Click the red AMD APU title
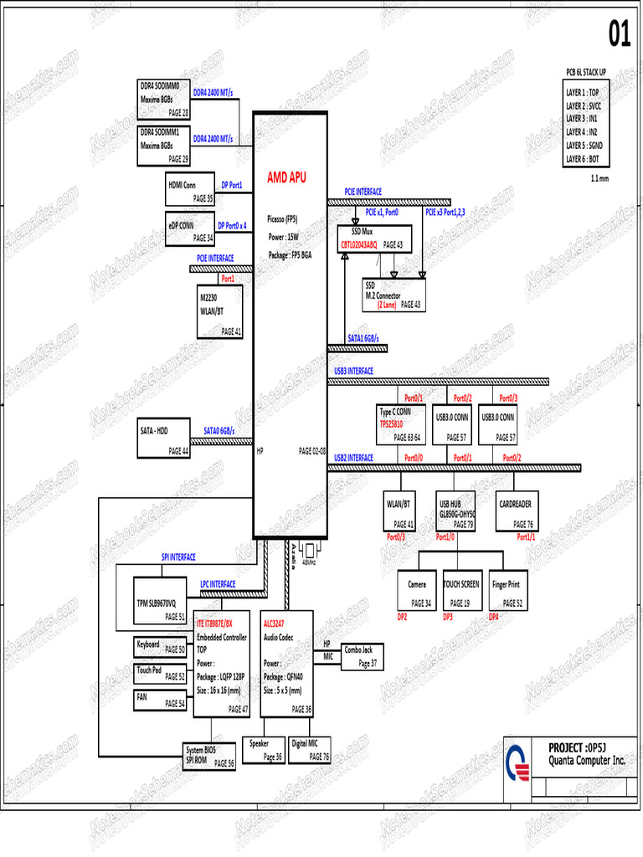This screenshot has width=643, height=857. click(x=286, y=177)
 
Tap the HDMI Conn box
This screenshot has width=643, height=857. click(x=191, y=191)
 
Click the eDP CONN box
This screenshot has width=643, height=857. click(x=190, y=230)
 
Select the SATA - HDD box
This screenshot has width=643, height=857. click(x=164, y=438)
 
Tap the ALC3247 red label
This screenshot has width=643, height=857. click(x=274, y=624)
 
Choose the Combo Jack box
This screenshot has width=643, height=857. click(x=359, y=655)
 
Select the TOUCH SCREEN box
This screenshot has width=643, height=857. click(x=461, y=592)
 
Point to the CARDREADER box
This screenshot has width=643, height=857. click(x=516, y=511)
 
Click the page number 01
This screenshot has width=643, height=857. click(x=619, y=35)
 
